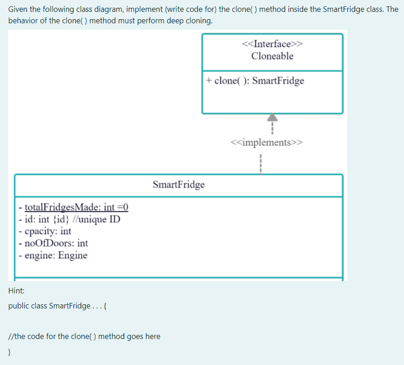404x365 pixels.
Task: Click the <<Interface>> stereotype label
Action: pyautogui.click(x=272, y=44)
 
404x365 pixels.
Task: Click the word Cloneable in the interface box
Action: pyautogui.click(x=272, y=56)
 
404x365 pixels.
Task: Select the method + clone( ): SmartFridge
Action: pyautogui.click(x=255, y=81)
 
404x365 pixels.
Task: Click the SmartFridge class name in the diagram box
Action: pyautogui.click(x=178, y=184)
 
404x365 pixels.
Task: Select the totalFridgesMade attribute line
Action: pyautogui.click(x=74, y=208)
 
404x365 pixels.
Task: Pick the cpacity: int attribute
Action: pyautogui.click(x=45, y=231)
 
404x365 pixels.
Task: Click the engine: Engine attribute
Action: pyautogui.click(x=53, y=255)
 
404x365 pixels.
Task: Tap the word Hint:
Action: pyautogui.click(x=16, y=290)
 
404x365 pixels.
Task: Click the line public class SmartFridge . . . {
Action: pyautogui.click(x=58, y=306)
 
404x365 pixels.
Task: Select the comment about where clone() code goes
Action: pyautogui.click(x=84, y=337)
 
